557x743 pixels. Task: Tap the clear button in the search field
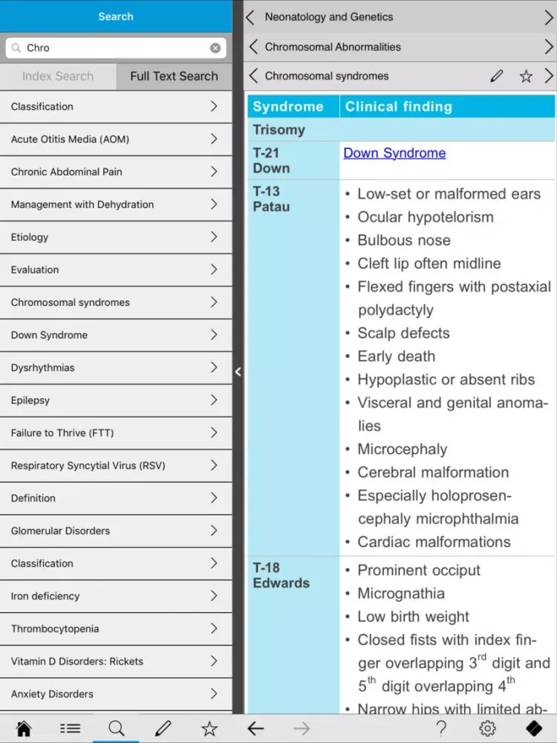coord(215,48)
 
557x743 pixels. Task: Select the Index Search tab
coord(58,76)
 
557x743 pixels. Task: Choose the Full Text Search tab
coord(174,76)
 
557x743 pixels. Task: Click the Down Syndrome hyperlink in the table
coord(394,153)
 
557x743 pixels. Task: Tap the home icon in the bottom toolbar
coord(24,728)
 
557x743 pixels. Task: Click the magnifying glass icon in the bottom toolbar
coord(117,728)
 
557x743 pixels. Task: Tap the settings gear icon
coord(487,728)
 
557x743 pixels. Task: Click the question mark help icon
coord(441,728)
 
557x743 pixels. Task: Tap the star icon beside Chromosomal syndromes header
coord(526,76)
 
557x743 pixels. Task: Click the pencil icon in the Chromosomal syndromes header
coord(497,76)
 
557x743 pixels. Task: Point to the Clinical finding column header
coord(399,106)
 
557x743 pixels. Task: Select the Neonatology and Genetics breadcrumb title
coord(329,16)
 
